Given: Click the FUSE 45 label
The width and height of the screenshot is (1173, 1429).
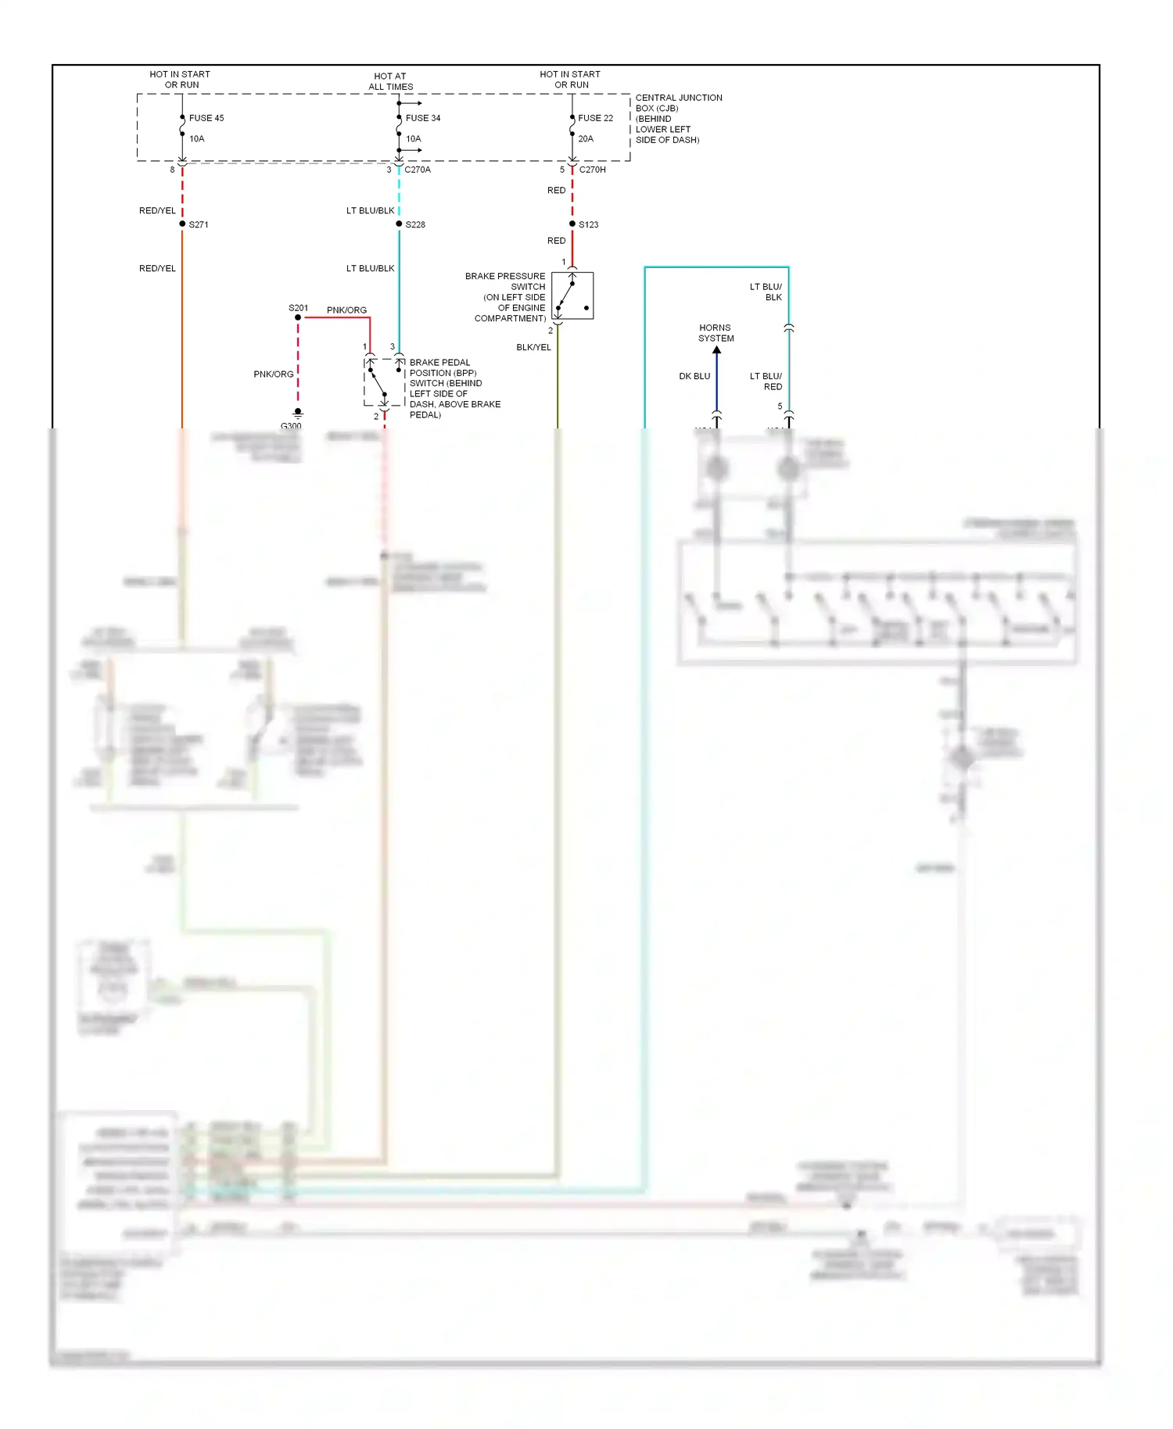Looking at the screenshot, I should click(206, 118).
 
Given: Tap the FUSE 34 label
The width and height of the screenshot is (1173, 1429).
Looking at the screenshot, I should click(422, 118).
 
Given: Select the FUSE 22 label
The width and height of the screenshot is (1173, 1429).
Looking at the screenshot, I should click(595, 118).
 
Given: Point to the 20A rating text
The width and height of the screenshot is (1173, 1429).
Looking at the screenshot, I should click(586, 139).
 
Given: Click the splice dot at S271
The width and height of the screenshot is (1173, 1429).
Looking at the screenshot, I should click(182, 224).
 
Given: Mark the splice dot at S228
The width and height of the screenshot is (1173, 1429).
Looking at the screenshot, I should click(399, 224).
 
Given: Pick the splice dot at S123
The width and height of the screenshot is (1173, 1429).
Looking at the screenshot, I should click(572, 224).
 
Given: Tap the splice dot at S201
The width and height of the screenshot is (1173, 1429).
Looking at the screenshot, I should click(298, 317).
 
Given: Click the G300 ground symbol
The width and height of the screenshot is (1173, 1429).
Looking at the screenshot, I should click(298, 413).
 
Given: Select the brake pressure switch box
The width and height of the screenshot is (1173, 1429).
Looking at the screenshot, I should click(572, 295).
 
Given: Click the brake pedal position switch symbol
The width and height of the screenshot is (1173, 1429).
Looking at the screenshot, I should click(384, 382).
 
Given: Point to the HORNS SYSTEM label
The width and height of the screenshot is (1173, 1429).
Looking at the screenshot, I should click(716, 333).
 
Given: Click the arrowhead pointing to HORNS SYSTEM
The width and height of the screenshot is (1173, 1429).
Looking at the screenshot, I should click(716, 349).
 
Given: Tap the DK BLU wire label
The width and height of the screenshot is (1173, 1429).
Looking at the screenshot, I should click(694, 377).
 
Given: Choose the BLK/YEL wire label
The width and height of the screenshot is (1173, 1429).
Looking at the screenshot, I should click(533, 348).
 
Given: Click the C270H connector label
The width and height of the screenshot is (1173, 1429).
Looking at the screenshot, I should click(592, 170).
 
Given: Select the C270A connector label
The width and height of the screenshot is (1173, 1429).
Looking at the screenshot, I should click(418, 170).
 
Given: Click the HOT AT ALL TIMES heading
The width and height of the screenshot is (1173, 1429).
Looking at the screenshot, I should click(390, 81).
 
